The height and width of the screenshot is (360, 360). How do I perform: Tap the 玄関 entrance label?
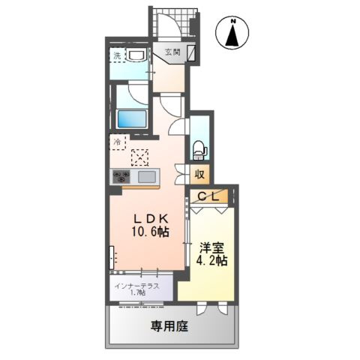(x=172, y=52)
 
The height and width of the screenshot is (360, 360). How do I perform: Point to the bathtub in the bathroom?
(x=132, y=119)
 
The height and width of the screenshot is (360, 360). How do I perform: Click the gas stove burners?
(x=121, y=178)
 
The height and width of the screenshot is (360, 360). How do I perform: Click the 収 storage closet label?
(x=199, y=174)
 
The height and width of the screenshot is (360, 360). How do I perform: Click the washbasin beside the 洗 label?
(x=136, y=56)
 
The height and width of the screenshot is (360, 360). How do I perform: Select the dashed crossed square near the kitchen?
(x=140, y=157)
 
